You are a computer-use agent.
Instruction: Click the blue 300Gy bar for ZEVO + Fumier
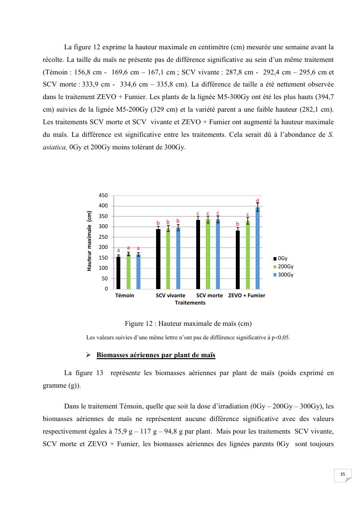(258, 248)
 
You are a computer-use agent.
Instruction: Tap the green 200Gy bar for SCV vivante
(168, 259)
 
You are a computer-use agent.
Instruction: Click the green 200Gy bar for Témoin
(129, 271)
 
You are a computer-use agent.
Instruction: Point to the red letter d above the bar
(258, 201)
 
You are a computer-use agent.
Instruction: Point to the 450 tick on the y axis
(103, 196)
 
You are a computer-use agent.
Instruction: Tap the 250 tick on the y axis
(103, 237)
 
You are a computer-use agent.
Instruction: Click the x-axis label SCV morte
(210, 295)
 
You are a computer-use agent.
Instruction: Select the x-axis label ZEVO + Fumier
(246, 295)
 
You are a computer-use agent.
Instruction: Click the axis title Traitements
(190, 303)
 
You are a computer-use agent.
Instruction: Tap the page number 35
(343, 474)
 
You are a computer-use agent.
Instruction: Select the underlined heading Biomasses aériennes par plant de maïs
(156, 355)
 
